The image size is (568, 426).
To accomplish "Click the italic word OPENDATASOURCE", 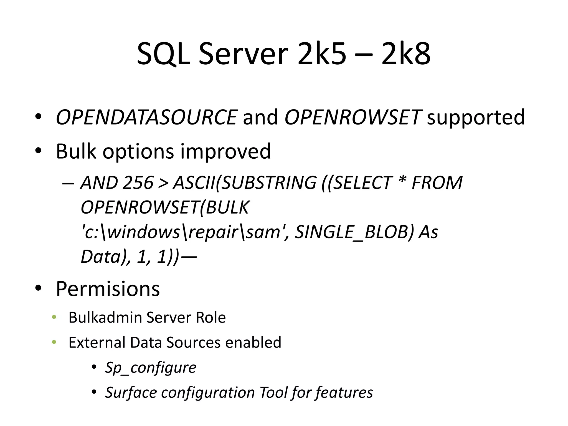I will pyautogui.click(x=146, y=117).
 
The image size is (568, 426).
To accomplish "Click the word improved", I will pyautogui.click(x=225, y=151).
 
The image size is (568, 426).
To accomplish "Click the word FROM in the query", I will pyautogui.click(x=437, y=183).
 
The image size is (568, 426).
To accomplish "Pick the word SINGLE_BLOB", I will pyautogui.click(x=354, y=232).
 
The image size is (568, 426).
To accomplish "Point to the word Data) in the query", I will pyautogui.click(x=104, y=257).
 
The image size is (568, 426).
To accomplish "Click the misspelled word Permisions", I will pyautogui.click(x=108, y=289).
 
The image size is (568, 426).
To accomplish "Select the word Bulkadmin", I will pyautogui.click(x=105, y=318).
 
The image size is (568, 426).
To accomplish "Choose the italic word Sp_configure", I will pyautogui.click(x=151, y=368).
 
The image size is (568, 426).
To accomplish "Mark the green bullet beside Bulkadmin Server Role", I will pyautogui.click(x=54, y=317).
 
